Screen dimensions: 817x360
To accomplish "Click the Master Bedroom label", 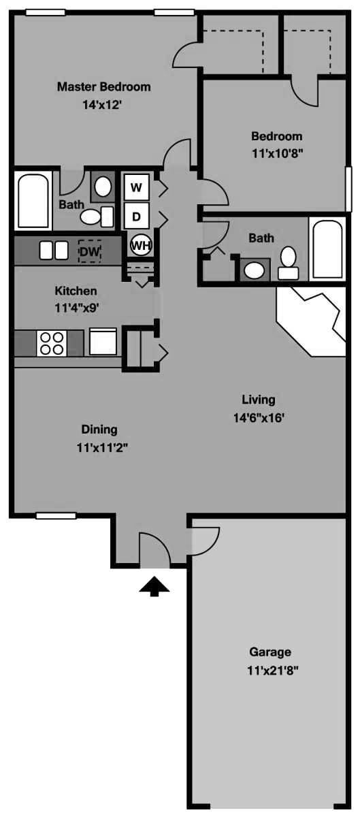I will [103, 87].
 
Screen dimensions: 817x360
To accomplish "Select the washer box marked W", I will [136, 187].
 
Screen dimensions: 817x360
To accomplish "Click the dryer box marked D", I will [136, 217].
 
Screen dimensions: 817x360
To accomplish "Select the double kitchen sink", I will [53, 250].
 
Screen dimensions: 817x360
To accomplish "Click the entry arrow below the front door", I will [154, 586].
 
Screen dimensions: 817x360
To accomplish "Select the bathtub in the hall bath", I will [327, 249].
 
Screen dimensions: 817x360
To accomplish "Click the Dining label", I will [99, 430].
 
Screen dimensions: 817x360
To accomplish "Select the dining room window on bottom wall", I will [56, 515].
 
